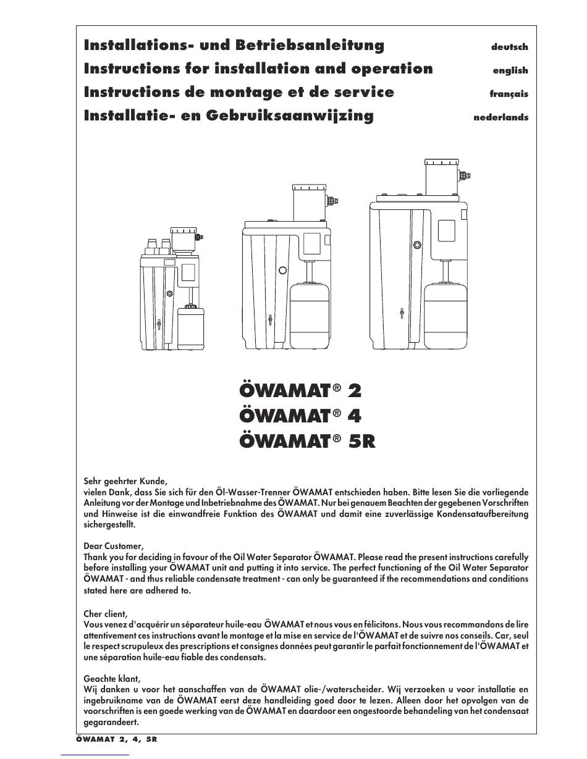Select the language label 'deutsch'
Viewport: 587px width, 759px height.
click(509, 47)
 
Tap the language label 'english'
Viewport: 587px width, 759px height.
click(510, 70)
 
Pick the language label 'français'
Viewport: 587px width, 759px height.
click(509, 94)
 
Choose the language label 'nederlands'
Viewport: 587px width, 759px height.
click(500, 117)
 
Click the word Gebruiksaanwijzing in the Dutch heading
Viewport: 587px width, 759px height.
click(290, 116)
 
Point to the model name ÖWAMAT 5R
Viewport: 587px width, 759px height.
click(308, 442)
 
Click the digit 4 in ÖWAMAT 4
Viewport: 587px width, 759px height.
click(355, 416)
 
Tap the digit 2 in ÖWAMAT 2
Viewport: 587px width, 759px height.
click(355, 390)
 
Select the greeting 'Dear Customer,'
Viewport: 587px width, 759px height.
click(114, 547)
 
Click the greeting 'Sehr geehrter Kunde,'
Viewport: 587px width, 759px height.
click(125, 482)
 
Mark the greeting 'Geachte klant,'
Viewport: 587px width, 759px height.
click(112, 679)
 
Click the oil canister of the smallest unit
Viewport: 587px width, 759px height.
click(191, 328)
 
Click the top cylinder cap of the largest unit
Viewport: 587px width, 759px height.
click(442, 162)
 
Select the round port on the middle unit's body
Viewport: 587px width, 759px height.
click(282, 270)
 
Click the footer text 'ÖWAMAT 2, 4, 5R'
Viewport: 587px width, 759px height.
click(116, 739)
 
